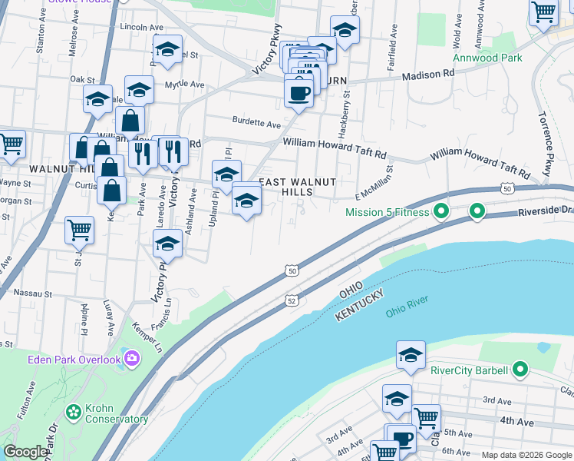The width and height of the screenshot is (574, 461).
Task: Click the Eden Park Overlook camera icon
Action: coord(132,359)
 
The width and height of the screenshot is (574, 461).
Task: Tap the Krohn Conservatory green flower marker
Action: coord(74,413)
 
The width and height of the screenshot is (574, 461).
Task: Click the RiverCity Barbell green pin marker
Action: coord(520,370)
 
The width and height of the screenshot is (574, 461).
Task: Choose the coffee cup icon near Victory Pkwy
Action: coord(299,92)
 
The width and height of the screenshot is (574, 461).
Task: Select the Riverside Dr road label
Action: coord(545,210)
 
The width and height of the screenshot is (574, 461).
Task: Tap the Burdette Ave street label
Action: coord(256,122)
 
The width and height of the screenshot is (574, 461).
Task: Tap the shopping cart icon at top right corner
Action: coord(543,12)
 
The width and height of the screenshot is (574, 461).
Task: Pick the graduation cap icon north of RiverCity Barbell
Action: coord(410,355)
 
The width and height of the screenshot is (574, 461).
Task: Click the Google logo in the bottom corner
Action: coord(25,452)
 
